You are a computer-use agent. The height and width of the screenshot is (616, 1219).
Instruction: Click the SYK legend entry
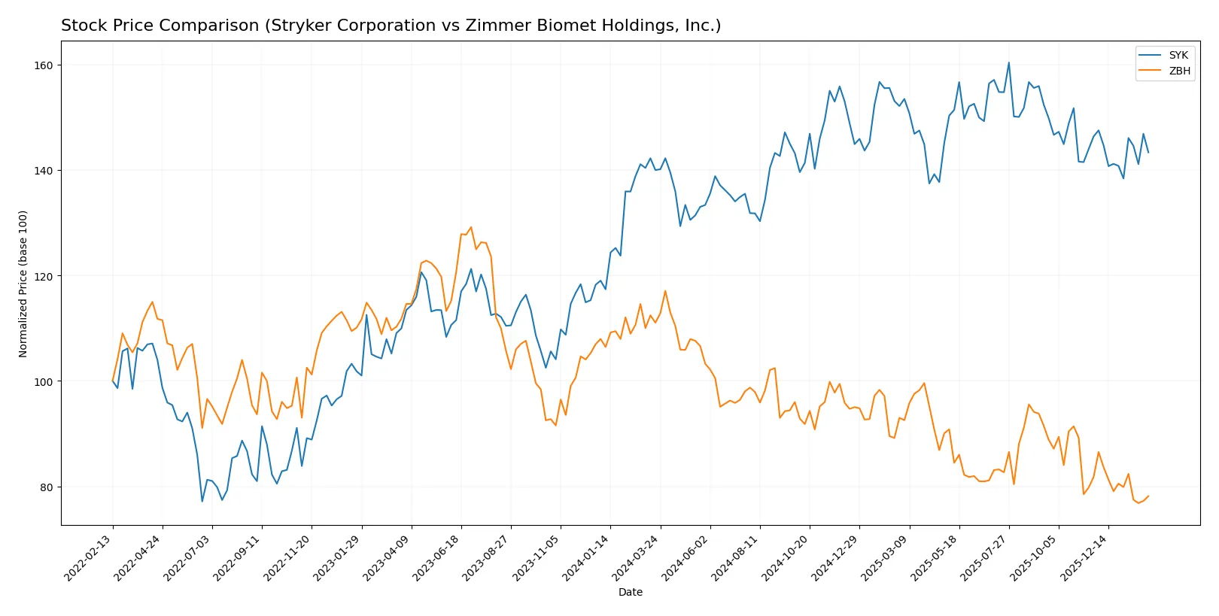(x=1178, y=55)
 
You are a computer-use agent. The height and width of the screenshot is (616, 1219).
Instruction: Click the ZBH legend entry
(x=1179, y=71)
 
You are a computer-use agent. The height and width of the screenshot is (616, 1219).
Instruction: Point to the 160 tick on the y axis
(x=44, y=65)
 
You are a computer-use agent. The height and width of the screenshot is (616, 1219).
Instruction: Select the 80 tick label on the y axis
(x=47, y=487)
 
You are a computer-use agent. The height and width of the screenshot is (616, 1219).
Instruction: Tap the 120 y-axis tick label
(x=44, y=277)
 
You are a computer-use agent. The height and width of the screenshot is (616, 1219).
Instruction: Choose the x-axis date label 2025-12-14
(x=1085, y=558)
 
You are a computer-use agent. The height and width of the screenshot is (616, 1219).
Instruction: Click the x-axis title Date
(x=630, y=592)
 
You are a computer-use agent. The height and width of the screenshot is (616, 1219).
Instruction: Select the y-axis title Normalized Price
(x=23, y=284)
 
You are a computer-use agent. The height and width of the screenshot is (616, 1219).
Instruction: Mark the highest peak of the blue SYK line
(x=1008, y=63)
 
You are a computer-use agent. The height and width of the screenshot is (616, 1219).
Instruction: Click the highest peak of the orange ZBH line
(x=471, y=227)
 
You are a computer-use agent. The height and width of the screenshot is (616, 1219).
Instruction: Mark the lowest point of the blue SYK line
(x=202, y=501)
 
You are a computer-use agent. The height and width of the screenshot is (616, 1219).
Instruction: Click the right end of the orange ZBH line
(x=1148, y=496)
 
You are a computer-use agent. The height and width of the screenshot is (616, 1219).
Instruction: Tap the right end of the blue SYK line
(x=1148, y=153)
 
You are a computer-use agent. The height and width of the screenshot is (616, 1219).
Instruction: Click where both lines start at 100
(x=113, y=381)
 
